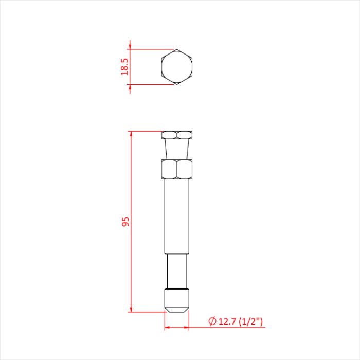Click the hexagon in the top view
click(177, 67)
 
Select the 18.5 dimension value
click(124, 67)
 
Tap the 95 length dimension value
click(124, 222)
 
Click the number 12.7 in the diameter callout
click(227, 322)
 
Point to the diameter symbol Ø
click(212, 322)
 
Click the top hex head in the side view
click(177, 135)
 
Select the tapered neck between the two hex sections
click(177, 150)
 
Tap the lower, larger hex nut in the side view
click(177, 169)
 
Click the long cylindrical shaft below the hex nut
click(177, 216)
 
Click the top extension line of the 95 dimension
click(147, 132)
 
